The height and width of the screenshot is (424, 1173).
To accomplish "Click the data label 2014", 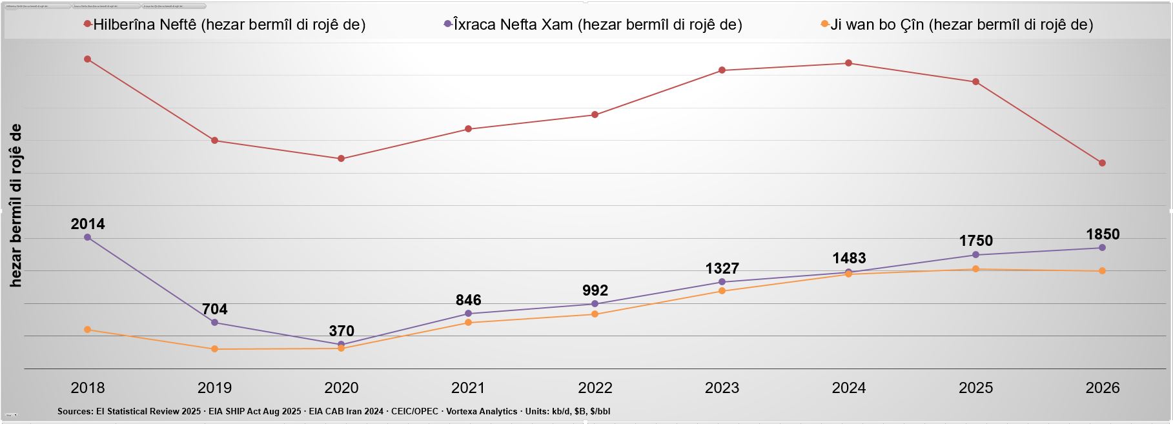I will click(x=88, y=224).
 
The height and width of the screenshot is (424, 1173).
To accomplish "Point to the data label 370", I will click(x=342, y=331).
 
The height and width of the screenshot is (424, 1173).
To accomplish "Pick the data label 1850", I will click(x=1103, y=234).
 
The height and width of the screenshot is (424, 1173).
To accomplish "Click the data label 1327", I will click(x=722, y=268).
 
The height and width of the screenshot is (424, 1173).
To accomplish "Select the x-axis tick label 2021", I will click(x=468, y=388).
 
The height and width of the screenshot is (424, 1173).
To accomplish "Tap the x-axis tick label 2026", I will click(x=1103, y=388).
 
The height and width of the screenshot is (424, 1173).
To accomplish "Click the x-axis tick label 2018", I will click(x=88, y=388).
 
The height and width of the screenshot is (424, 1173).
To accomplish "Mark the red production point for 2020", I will click(x=342, y=159).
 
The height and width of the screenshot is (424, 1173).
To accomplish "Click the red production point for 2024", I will click(x=849, y=63).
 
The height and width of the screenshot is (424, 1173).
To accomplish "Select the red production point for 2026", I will click(x=1103, y=163).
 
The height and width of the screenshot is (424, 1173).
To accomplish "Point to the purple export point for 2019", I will click(x=215, y=323).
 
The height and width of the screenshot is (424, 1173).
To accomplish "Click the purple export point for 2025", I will click(x=975, y=255).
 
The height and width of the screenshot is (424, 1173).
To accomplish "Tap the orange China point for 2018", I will click(x=88, y=330).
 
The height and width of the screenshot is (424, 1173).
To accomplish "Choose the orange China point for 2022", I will click(x=595, y=314).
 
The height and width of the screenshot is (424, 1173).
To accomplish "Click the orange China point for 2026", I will click(x=1103, y=271).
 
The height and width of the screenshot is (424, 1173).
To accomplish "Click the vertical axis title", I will click(x=16, y=205).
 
